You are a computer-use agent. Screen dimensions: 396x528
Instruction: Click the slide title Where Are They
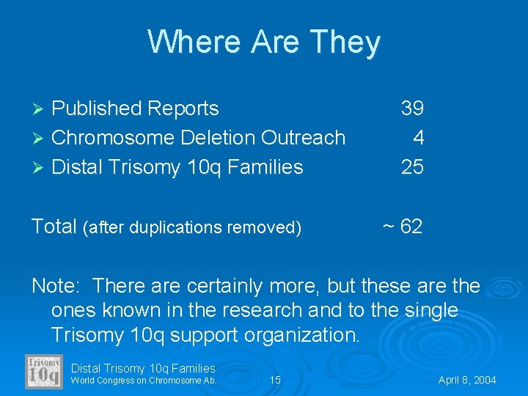pos(264,42)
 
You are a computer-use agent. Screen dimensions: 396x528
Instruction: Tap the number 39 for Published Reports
pos(412,109)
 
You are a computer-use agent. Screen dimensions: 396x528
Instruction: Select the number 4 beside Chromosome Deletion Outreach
pos(418,138)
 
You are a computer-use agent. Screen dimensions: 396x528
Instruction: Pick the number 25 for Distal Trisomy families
pos(412,167)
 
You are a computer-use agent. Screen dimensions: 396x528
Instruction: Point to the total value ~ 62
pos(403,227)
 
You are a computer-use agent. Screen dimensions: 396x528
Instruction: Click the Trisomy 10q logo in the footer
pos(45,371)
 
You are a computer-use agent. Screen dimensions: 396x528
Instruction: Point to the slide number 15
pos(275,380)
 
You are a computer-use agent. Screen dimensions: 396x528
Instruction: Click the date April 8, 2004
pos(467,380)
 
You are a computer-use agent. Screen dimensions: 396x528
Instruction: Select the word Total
pos(54,227)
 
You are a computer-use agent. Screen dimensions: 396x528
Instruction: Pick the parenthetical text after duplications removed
pos(193,228)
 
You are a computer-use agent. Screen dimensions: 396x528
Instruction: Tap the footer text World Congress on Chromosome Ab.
pos(144,380)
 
